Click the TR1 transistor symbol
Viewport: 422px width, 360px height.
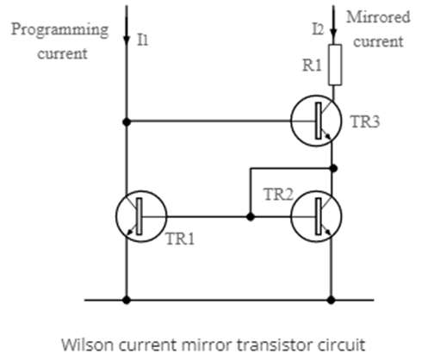[141, 216]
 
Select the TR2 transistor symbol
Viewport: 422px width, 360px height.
[316, 216]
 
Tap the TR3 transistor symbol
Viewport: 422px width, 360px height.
[316, 121]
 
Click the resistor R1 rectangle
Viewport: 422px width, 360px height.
[335, 65]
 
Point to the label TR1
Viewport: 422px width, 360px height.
[180, 239]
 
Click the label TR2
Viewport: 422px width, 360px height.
[278, 195]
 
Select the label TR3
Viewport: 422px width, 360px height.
[365, 121]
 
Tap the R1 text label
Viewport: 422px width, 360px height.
[312, 65]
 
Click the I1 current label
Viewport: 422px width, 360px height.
[143, 40]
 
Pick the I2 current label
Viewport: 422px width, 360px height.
[318, 29]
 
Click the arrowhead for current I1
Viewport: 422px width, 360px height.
[127, 40]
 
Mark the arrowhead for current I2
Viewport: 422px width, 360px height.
[333, 34]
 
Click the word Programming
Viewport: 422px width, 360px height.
[59, 30]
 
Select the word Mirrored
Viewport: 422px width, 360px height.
[378, 17]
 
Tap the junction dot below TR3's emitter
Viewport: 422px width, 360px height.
[333, 168]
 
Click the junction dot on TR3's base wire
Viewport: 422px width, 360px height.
[127, 122]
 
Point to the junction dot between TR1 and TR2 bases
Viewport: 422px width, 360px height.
[251, 217]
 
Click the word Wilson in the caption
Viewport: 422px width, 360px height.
[88, 344]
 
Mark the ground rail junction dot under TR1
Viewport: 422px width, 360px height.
[127, 300]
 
